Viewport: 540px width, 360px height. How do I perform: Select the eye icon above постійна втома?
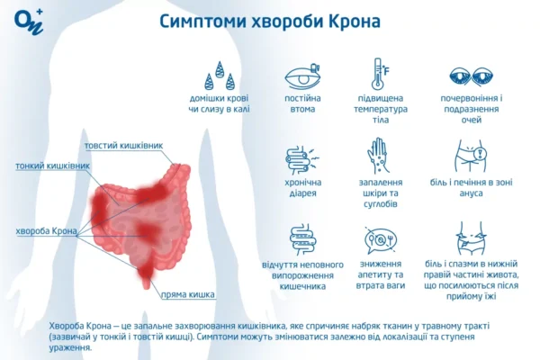point(301,76)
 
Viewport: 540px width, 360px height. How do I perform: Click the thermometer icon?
point(378,74)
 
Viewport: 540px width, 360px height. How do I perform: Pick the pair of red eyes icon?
point(470,76)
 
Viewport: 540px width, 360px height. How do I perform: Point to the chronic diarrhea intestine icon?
point(301,158)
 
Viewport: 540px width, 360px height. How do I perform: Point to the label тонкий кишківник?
point(52,166)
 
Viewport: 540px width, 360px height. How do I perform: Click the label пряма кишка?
point(186,294)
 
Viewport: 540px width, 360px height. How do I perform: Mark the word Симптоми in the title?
point(201,20)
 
